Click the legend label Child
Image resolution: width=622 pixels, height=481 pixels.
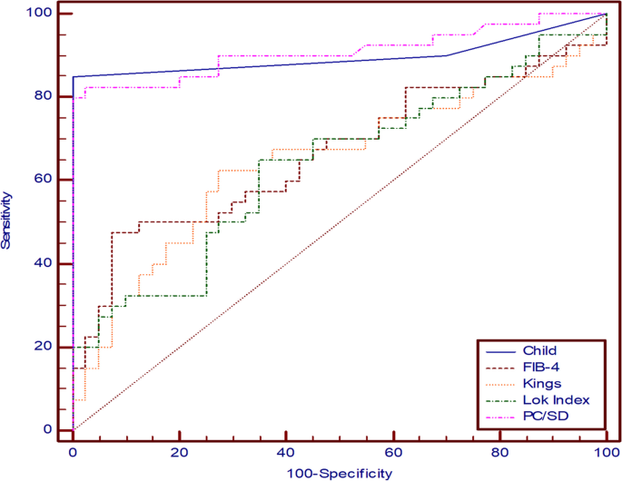coord(540,350)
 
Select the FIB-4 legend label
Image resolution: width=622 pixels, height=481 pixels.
coord(540,367)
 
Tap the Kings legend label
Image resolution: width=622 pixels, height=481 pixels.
coord(541,383)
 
